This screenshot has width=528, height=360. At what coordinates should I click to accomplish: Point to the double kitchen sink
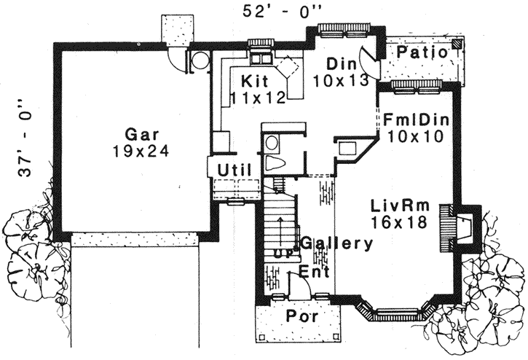261,58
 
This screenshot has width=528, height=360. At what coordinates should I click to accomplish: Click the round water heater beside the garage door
197,60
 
